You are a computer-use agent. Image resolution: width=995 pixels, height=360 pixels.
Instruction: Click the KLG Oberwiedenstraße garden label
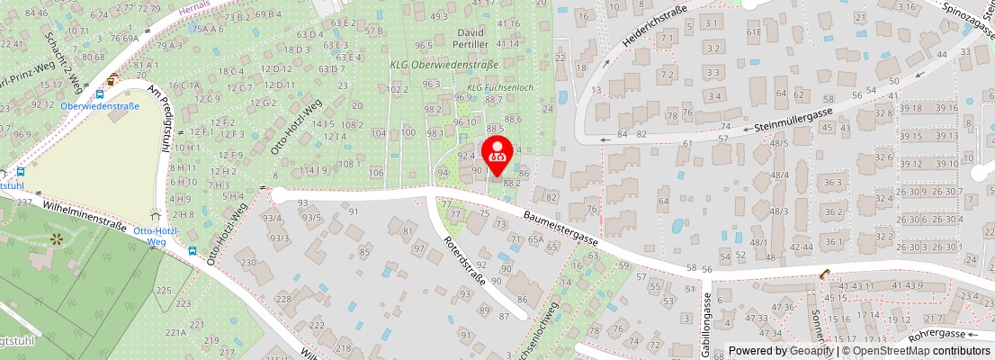click(x=444, y=65)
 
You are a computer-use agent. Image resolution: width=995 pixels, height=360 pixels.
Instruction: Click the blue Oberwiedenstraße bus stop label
click(x=100, y=105)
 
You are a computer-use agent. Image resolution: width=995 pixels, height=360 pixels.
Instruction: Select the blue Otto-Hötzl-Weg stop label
click(x=157, y=236)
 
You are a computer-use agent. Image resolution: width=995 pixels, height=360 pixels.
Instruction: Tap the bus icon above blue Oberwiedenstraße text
click(x=100, y=93)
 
